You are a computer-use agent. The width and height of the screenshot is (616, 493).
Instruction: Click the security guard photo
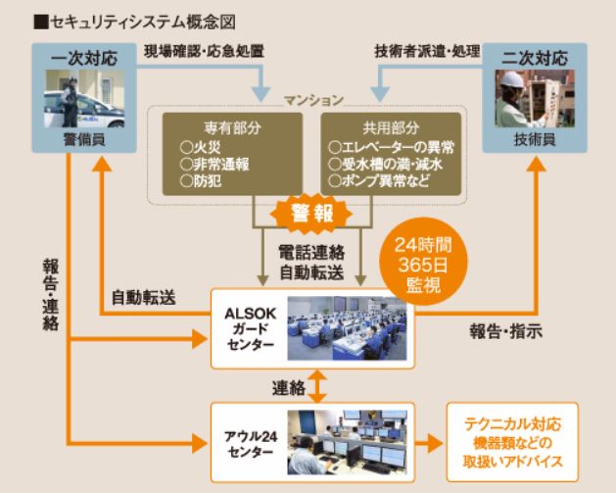point(78,101)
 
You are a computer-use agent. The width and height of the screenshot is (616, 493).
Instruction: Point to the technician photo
point(537,101)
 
